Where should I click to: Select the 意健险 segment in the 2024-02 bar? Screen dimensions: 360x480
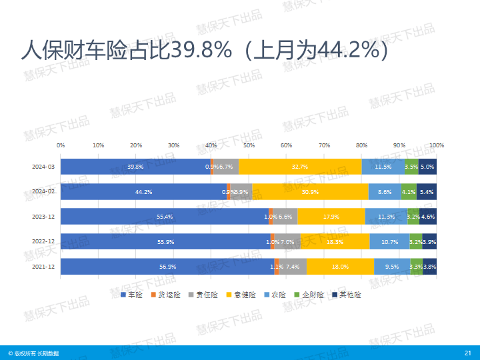[x=310, y=192]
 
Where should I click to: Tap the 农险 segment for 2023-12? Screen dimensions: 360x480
[x=386, y=217]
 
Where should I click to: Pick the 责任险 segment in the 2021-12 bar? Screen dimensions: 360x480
[x=293, y=267]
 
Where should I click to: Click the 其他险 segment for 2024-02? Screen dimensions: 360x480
[x=427, y=192]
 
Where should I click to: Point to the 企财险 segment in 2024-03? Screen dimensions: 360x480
[x=411, y=167]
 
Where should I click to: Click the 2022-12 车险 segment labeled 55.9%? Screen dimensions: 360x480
[x=165, y=242]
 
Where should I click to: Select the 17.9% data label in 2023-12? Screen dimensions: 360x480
[x=331, y=217]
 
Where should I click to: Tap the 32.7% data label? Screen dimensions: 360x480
[x=300, y=167]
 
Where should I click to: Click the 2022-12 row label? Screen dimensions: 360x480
[x=43, y=241]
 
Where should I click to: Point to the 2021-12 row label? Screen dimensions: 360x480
[x=43, y=267]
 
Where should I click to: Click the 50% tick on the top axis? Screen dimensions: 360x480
[x=249, y=145]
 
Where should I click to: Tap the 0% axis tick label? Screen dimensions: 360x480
[x=61, y=145]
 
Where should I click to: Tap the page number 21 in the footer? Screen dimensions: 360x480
[x=467, y=353]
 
